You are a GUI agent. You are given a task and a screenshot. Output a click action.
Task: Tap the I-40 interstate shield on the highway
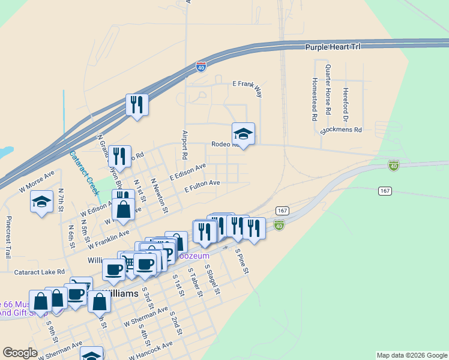coord(201,66)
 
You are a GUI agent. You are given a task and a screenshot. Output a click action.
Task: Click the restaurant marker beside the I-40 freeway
coord(137,105)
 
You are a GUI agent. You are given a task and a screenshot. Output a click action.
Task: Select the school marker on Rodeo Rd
coord(243,133)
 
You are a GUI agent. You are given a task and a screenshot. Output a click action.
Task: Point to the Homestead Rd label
coord(314,99)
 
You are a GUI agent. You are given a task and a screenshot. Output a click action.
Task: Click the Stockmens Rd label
coord(342,129)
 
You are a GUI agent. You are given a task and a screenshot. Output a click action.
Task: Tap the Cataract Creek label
coord(82,173)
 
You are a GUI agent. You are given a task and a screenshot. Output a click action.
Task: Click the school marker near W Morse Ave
coord(42,202)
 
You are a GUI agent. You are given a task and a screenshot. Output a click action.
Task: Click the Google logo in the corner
coord(20,353)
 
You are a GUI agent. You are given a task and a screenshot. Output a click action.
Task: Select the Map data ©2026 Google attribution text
coord(412,355)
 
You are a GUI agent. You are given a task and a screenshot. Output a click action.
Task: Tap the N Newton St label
coord(159,196)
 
